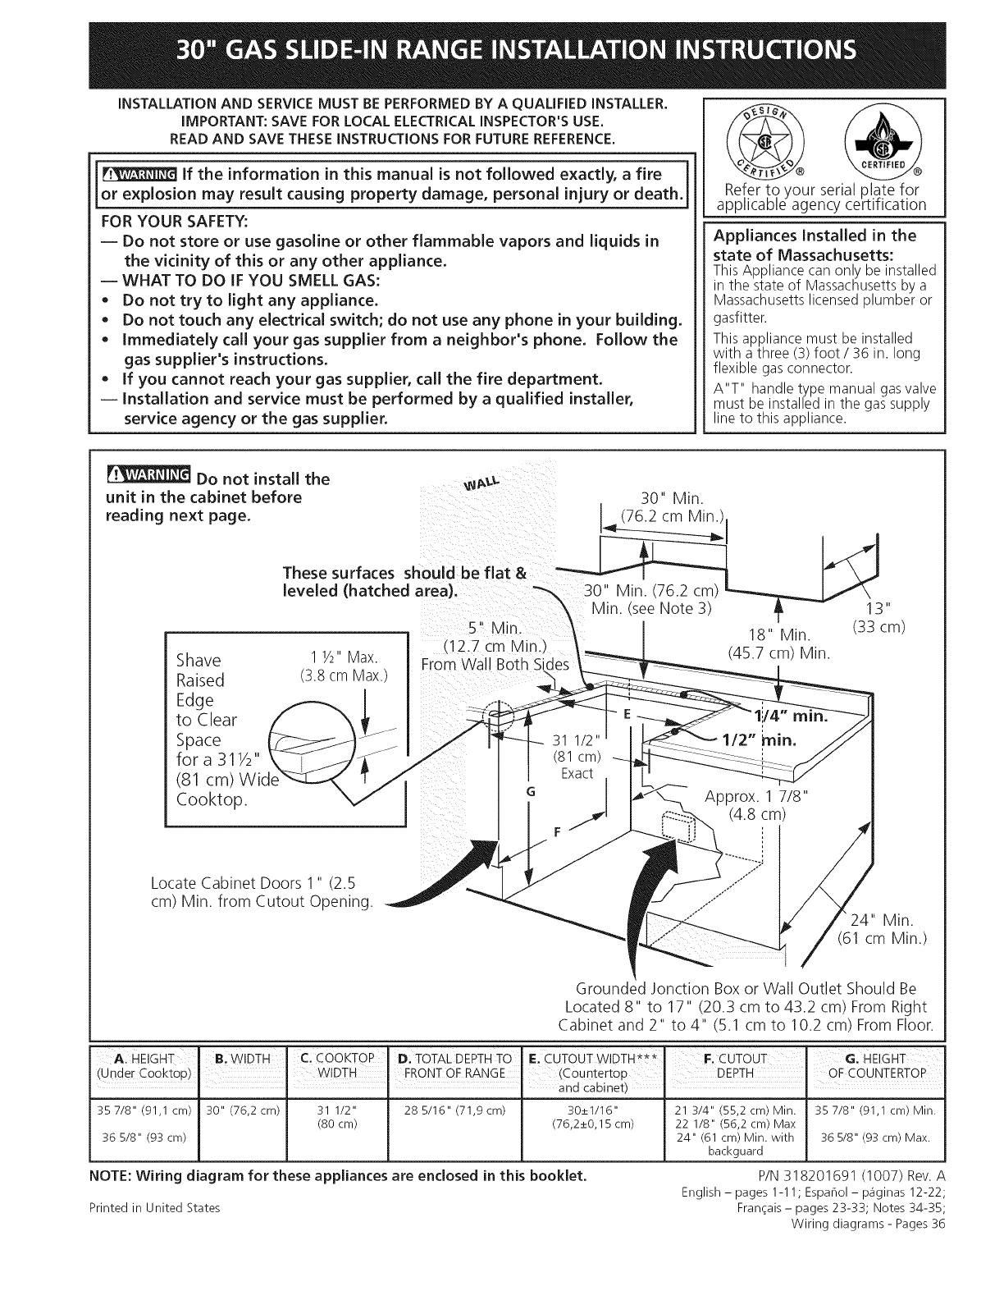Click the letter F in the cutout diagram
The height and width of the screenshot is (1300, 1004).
click(x=559, y=833)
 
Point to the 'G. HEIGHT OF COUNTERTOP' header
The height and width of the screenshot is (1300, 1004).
click(x=878, y=1065)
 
